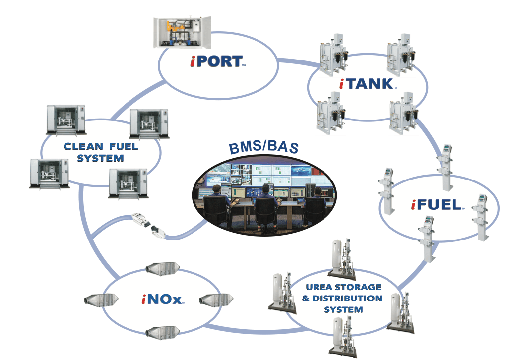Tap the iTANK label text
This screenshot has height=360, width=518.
click(368, 84)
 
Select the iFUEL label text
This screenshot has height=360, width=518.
click(438, 204)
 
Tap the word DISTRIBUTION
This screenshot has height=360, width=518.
click(353, 299)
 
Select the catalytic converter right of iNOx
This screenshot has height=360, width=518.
click(216, 300)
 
